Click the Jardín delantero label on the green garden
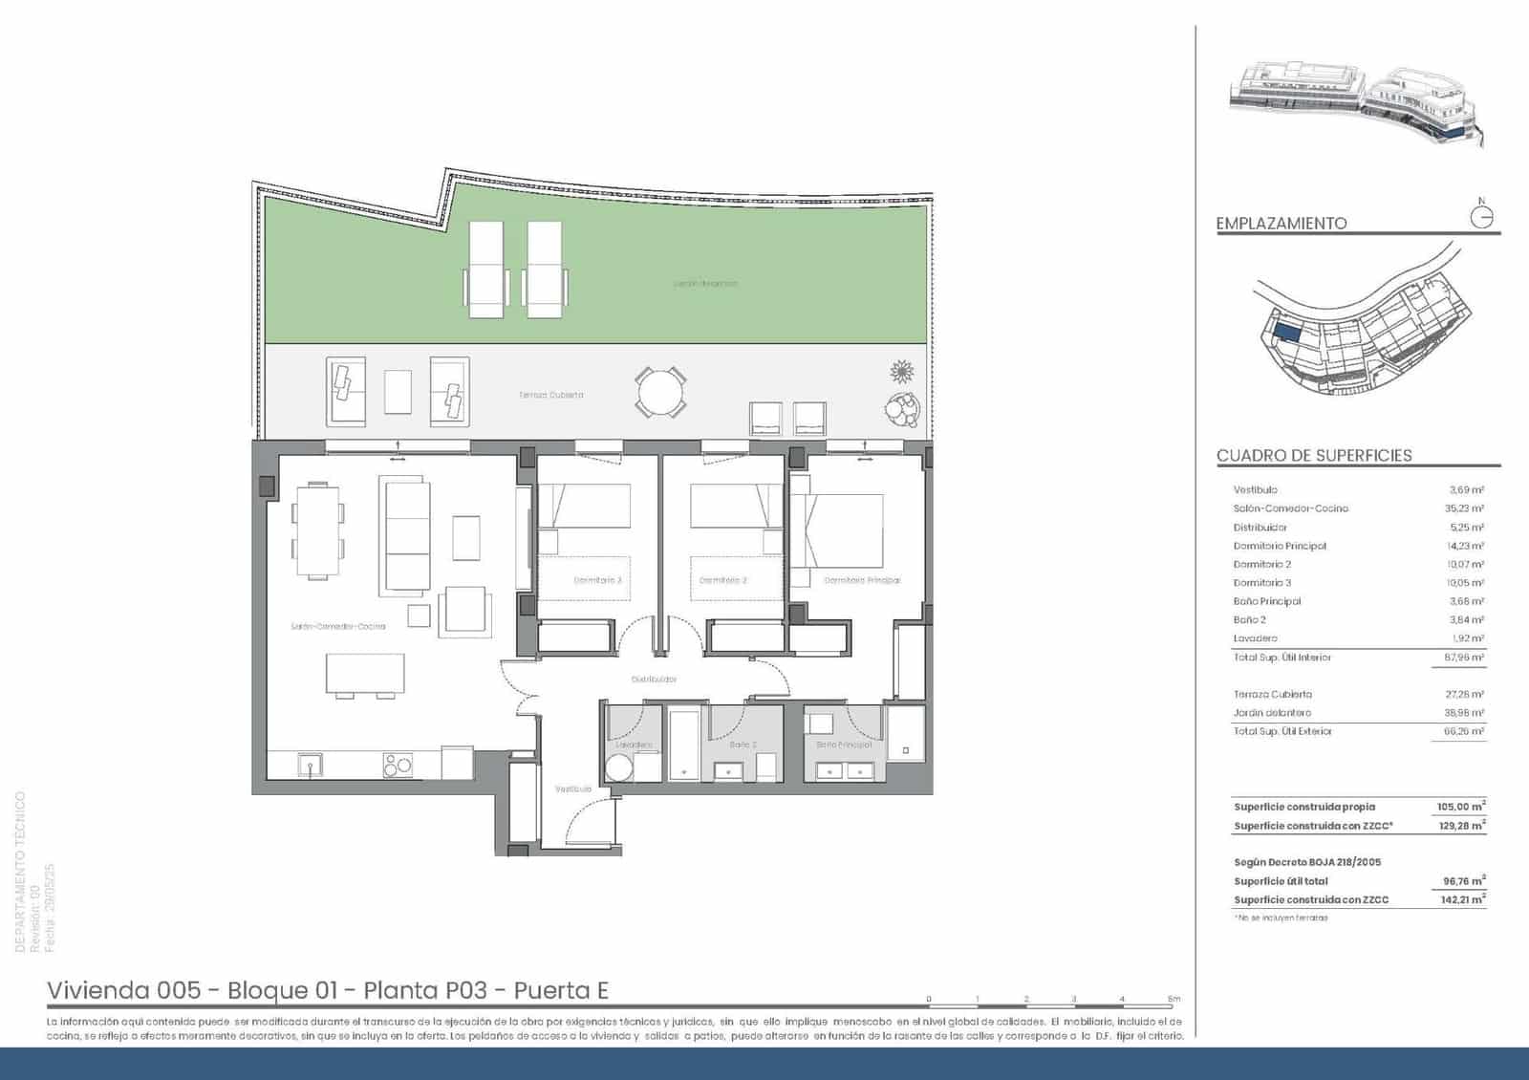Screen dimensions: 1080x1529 coord(705,284)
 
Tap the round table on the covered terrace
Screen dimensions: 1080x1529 coord(660,393)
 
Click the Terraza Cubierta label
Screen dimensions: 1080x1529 coord(551,395)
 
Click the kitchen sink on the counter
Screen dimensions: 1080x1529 coord(309,765)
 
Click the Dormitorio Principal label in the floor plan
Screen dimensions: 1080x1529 coord(862,580)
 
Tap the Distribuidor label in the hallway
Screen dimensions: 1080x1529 coord(654,680)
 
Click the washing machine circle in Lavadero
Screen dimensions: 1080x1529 coord(620,768)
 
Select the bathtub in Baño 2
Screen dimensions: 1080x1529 coord(684,745)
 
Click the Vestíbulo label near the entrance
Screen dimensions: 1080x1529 coord(573,789)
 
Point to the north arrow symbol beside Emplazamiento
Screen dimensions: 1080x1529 coord(1481,217)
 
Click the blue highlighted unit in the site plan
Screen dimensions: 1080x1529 coord(1287,333)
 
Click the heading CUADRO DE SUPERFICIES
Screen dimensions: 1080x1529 coord(1314,456)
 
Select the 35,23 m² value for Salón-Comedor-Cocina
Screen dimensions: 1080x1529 coord(1464,508)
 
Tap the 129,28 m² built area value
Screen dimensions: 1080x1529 coord(1461,826)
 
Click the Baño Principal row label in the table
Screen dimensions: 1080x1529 coord(1267,601)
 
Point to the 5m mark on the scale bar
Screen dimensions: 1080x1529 coord(1174,1000)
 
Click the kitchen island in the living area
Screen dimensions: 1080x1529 coord(365,673)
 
